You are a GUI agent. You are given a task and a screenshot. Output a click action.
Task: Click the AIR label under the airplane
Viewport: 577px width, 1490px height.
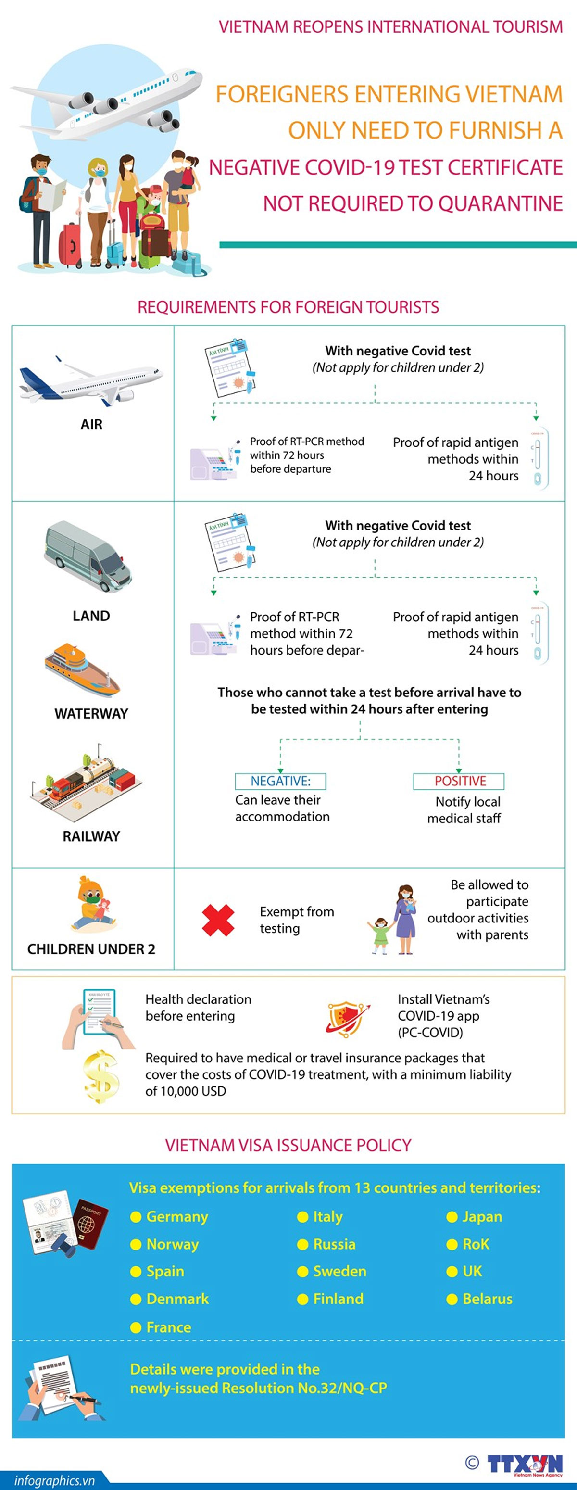(x=91, y=425)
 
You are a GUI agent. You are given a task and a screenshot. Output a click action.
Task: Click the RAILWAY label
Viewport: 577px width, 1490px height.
(x=91, y=836)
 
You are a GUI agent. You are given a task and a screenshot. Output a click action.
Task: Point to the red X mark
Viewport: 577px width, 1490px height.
(x=218, y=920)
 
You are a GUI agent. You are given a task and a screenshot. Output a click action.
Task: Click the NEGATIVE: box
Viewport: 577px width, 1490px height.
(x=280, y=781)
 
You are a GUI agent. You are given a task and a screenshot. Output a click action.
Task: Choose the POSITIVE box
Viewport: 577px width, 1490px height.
(x=459, y=781)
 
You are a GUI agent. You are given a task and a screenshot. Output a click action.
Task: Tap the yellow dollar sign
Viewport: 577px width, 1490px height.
(x=101, y=1076)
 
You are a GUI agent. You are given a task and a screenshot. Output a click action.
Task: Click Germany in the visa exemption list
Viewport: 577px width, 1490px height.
(x=177, y=1217)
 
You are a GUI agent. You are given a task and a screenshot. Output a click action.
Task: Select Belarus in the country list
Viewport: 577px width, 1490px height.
(x=487, y=1299)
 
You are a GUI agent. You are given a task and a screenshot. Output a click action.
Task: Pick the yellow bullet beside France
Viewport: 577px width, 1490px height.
(x=136, y=1327)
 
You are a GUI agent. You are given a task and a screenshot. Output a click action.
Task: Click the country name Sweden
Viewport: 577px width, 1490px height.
(x=339, y=1271)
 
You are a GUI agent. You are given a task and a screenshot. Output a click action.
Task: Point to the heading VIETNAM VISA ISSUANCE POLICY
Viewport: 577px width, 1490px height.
(x=288, y=1145)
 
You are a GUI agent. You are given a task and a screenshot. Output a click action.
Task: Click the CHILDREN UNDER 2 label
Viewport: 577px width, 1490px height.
(x=91, y=949)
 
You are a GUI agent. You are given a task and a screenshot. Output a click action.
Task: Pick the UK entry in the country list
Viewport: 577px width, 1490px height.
(x=472, y=1271)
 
